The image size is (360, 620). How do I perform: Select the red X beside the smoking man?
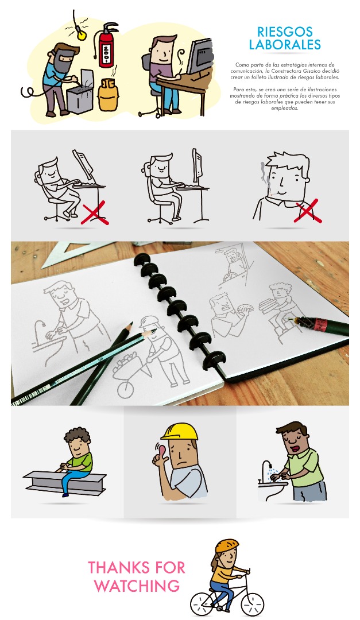308,211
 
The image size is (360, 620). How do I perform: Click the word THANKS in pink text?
121,568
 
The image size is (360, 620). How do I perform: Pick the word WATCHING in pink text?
137,586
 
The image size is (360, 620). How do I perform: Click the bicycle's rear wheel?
203,604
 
